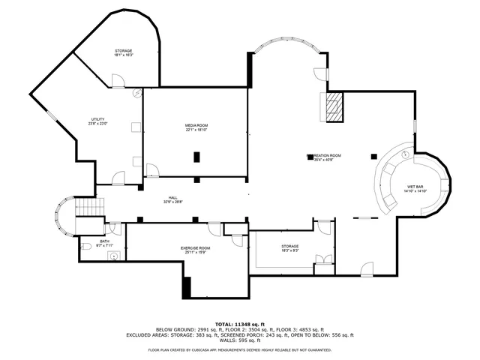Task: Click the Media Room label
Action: pyautogui.click(x=196, y=124)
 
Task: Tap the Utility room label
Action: pyautogui.click(x=97, y=119)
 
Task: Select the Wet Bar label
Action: pyautogui.click(x=416, y=186)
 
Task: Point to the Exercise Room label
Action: pyautogui.click(x=195, y=247)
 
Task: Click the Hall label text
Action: pyautogui.click(x=172, y=196)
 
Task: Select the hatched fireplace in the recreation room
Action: pyautogui.click(x=332, y=106)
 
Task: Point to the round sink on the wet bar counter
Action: pyautogui.click(x=403, y=154)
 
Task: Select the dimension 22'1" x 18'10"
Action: pyautogui.click(x=196, y=130)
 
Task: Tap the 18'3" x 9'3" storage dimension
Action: pyautogui.click(x=289, y=250)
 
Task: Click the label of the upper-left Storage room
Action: pyautogui.click(x=123, y=50)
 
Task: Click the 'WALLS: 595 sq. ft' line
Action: pyautogui.click(x=240, y=340)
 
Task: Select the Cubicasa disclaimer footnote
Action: pyautogui.click(x=240, y=349)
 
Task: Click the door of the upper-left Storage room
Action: pyautogui.click(x=118, y=81)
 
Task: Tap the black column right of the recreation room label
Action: pyautogui.click(x=373, y=156)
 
